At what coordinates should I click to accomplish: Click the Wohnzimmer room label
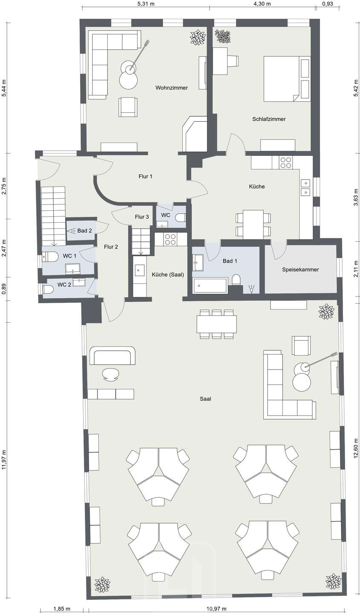172,88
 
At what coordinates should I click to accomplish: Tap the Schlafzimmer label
269,119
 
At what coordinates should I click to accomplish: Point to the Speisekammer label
300,269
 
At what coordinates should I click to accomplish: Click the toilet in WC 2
48,289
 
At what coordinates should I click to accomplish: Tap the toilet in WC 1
51,257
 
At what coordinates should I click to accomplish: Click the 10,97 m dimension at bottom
217,608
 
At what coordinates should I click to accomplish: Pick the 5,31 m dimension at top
145,4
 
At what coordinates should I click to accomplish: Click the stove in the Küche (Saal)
171,239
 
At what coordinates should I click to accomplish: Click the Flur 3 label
142,217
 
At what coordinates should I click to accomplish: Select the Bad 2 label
85,231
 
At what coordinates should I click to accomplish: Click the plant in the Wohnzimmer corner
197,37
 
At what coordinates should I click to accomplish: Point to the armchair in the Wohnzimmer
129,107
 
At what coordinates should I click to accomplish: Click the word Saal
205,399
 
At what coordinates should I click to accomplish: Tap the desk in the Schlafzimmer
220,61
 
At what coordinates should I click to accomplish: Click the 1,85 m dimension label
62,608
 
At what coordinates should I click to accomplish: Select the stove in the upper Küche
286,163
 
